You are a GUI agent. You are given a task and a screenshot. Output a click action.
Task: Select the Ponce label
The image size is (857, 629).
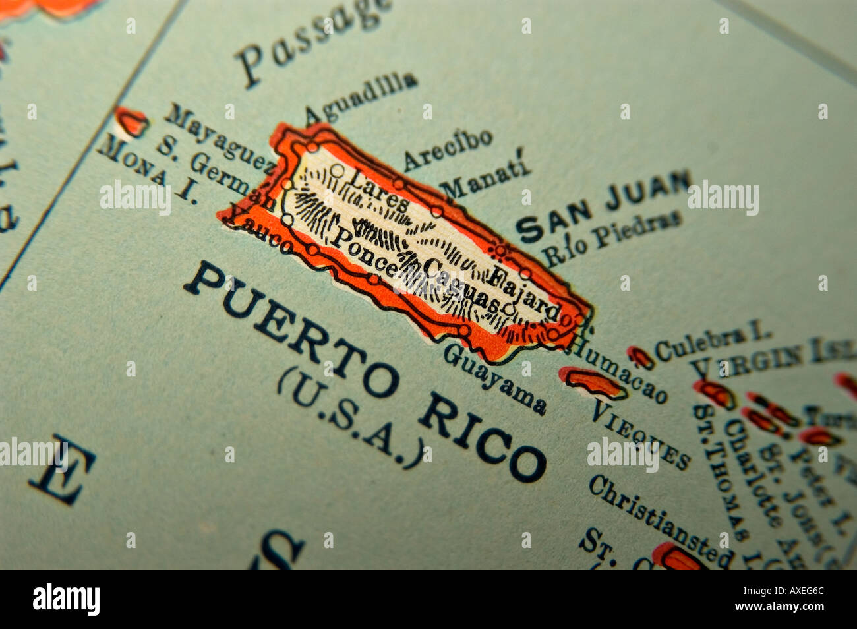point(363,249)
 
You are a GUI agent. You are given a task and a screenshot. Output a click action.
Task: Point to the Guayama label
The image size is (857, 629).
point(494,378)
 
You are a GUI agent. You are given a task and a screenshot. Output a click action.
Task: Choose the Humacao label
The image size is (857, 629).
point(618,370)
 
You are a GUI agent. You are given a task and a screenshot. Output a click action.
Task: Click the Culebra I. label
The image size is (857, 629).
point(712,341)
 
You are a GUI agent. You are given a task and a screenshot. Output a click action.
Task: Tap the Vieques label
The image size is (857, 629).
point(639,433)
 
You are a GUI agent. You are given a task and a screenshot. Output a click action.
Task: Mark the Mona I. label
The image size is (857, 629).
point(146,171)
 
